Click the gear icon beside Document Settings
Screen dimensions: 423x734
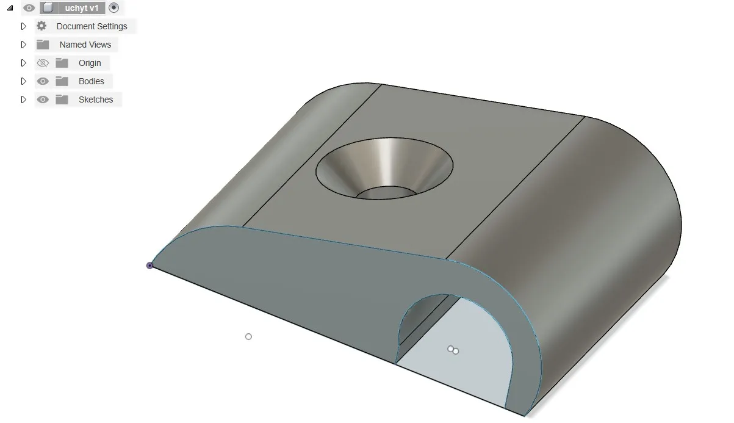(41, 26)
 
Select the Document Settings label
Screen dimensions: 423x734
(92, 26)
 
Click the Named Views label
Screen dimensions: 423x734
(85, 45)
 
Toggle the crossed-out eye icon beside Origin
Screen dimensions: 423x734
(42, 63)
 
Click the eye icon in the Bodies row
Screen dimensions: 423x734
(42, 81)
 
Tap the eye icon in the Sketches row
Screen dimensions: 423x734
(42, 99)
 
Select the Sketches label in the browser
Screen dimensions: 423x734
(95, 99)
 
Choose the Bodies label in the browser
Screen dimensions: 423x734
(91, 81)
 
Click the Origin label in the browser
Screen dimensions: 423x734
(90, 63)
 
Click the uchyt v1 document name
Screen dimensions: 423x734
(81, 8)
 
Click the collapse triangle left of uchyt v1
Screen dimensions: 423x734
(10, 8)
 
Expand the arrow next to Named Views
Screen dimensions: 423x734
(24, 45)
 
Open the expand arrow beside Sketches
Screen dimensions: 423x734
(24, 99)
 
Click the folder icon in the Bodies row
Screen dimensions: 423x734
(62, 81)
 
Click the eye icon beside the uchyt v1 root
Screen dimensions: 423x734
(29, 8)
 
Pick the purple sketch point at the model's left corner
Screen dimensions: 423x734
(149, 266)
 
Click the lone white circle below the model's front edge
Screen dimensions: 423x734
(248, 336)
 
